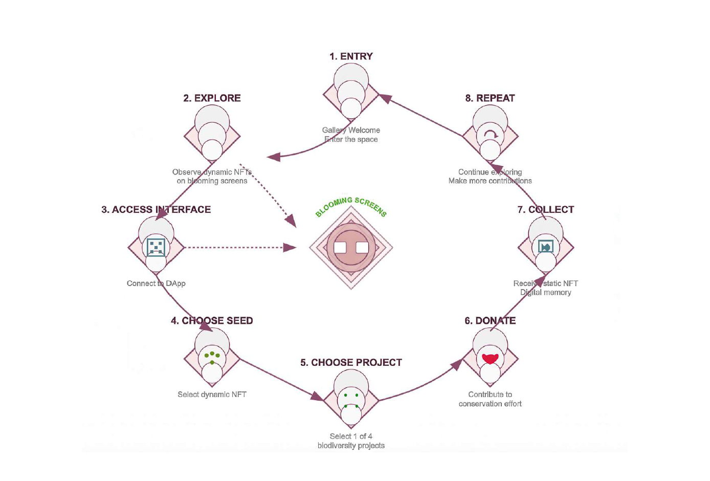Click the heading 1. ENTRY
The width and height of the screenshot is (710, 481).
(x=351, y=56)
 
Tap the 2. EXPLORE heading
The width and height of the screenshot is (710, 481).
(x=212, y=98)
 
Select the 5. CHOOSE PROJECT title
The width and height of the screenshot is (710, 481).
(x=351, y=363)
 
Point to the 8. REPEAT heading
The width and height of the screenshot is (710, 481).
(x=490, y=98)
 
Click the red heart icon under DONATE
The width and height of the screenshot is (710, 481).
(x=490, y=359)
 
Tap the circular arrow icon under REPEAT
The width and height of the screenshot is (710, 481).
(x=491, y=135)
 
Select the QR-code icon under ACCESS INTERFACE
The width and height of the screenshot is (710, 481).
(x=156, y=247)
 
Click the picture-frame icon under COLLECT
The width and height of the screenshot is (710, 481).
(x=546, y=247)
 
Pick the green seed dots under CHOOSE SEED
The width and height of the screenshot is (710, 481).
(x=212, y=356)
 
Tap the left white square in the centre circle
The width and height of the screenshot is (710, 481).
(x=340, y=248)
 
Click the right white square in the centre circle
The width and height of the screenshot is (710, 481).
(x=362, y=248)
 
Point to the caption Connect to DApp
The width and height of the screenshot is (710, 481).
(x=156, y=283)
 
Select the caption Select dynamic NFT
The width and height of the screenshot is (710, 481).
(x=212, y=395)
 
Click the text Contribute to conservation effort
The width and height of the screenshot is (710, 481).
(x=490, y=399)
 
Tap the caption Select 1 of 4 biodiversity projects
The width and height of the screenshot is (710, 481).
(x=351, y=441)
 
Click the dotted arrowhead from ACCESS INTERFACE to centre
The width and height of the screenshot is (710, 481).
(x=291, y=248)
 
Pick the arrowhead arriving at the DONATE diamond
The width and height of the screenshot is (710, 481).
(x=456, y=364)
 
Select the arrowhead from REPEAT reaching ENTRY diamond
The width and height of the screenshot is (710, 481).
(x=385, y=98)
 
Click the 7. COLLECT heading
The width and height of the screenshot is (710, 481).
(x=545, y=210)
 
